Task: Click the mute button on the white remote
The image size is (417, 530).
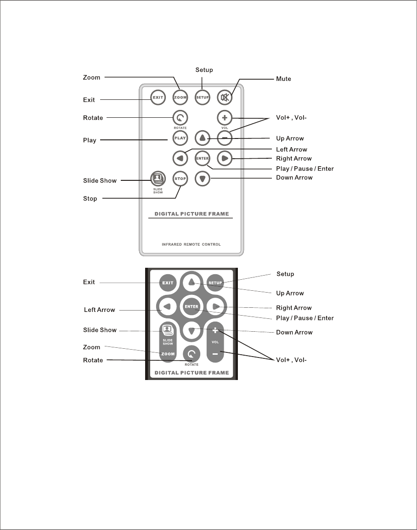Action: point(225,97)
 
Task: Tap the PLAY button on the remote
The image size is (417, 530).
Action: point(180,138)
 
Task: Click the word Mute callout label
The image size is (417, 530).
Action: point(283,79)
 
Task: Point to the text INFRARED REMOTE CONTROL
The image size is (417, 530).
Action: point(191,244)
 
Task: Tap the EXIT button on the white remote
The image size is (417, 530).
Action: point(157,97)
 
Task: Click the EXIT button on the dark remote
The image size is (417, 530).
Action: point(168,282)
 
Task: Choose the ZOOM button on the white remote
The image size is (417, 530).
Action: point(180,97)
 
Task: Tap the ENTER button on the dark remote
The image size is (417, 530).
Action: point(191,306)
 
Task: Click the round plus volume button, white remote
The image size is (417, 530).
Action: point(225,117)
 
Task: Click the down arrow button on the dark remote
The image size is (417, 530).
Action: point(192,330)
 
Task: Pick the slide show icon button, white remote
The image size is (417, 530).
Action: point(157,178)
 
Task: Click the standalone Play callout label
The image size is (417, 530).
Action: point(90,140)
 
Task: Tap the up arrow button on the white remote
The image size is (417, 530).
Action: point(203,138)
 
